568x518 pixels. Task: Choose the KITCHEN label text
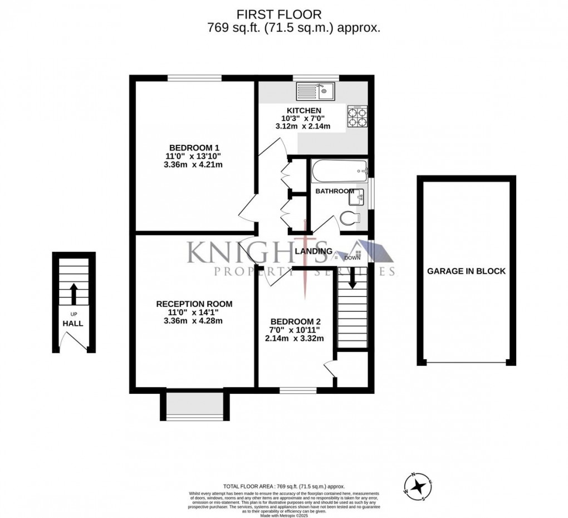pos(302,111)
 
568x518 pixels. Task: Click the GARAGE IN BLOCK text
pos(466,271)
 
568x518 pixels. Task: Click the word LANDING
pos(314,251)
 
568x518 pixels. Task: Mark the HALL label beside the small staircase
pos(72,322)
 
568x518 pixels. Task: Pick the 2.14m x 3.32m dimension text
pos(295,338)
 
